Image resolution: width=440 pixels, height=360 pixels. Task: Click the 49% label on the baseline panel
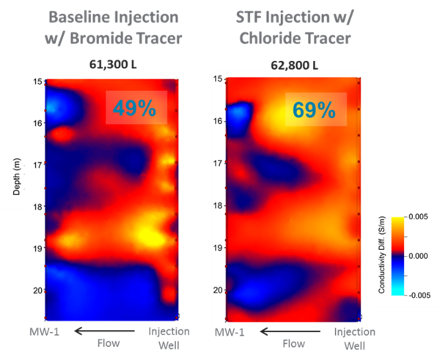click(x=134, y=108)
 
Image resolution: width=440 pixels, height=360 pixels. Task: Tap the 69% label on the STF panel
click(x=314, y=110)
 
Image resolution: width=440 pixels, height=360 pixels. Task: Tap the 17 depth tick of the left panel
click(x=35, y=166)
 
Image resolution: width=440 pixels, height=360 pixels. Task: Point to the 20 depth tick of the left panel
click(x=35, y=293)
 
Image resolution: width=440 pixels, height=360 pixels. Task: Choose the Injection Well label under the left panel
click(x=169, y=338)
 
